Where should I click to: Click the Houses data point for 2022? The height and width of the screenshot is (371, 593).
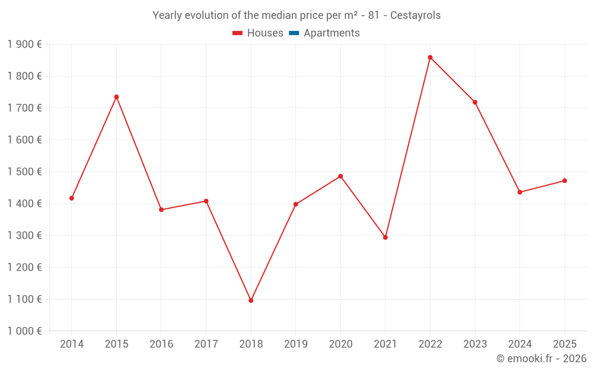[x=430, y=58]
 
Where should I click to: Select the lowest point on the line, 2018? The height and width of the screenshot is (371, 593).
[x=251, y=300]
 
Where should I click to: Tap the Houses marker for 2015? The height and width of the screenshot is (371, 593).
[x=116, y=97]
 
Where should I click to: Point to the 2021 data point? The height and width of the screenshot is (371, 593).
[x=385, y=237]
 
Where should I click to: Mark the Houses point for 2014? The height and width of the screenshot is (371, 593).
[x=72, y=198]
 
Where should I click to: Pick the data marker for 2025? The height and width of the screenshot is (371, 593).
[x=565, y=180]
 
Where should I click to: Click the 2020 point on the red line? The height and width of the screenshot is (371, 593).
[x=340, y=176]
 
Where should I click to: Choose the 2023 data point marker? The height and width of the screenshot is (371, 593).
[x=475, y=102]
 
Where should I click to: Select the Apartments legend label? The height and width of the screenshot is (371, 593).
[x=331, y=33]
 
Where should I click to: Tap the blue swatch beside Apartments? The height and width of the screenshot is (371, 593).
[x=294, y=33]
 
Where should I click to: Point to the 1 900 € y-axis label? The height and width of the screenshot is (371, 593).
[x=24, y=45]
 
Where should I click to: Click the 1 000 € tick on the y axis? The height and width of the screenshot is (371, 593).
[x=24, y=331]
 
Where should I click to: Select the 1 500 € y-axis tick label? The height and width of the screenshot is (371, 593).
[x=24, y=172]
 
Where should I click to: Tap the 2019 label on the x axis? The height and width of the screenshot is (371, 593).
[x=295, y=344]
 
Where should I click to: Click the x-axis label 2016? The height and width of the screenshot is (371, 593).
[x=161, y=344]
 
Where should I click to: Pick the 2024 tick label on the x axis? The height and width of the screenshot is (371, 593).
[x=519, y=344]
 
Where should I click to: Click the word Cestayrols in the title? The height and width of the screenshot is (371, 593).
[x=415, y=15]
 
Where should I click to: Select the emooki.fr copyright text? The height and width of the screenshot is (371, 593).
[x=541, y=359]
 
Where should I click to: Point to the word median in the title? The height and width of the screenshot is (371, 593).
[x=278, y=15]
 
